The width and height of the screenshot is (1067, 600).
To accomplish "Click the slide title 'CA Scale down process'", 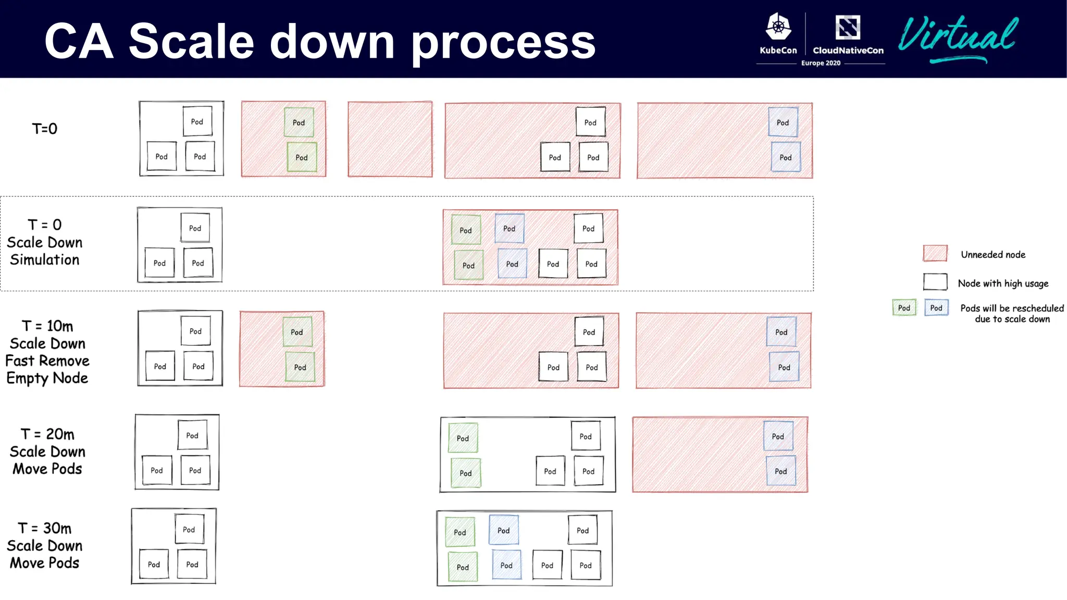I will tap(320, 41).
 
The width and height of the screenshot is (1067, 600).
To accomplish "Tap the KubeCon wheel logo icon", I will tap(778, 27).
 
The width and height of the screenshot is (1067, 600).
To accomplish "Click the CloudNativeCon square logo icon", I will tap(848, 27).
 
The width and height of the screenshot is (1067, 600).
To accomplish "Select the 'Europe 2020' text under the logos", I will tap(821, 63).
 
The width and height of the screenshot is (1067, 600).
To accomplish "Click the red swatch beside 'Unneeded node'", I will tap(935, 254).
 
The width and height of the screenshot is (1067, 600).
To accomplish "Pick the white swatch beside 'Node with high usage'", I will tap(935, 282).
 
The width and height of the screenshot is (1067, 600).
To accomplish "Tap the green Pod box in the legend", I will tap(904, 308).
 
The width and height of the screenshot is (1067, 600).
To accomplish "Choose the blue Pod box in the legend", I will tap(936, 308).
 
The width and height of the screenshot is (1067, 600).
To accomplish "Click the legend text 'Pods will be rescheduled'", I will tap(1012, 308).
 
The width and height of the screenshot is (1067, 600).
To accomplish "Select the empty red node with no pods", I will tap(390, 139).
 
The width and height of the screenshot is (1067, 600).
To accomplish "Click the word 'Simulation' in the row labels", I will tap(45, 260).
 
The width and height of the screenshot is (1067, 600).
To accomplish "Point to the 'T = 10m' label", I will tap(47, 326).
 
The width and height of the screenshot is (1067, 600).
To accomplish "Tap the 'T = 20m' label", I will tap(47, 434).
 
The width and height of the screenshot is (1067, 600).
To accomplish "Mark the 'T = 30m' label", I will tap(45, 528).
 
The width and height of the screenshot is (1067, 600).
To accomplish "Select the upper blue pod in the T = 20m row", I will tap(778, 436).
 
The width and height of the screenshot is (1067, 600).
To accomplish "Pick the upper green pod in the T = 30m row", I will tap(460, 532).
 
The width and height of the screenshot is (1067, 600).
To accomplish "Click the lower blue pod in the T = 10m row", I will tap(784, 367).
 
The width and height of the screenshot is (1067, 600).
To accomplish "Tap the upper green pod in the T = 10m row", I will tap(297, 332).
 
